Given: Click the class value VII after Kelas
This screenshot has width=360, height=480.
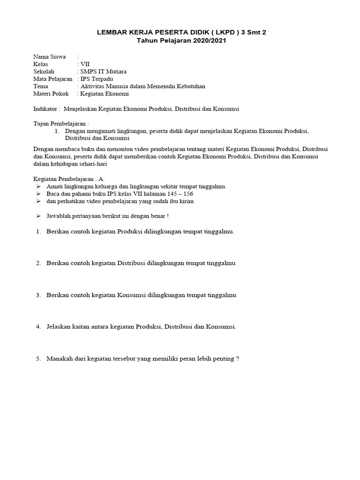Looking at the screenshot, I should click(x=85, y=64).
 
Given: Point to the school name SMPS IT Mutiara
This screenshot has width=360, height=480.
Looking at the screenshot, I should click(x=104, y=71).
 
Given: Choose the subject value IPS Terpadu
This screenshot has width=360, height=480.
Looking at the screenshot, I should click(x=98, y=79).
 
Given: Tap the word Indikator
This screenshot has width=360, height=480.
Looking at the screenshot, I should click(x=46, y=109).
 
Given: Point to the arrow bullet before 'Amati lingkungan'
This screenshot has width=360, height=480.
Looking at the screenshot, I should click(x=38, y=186).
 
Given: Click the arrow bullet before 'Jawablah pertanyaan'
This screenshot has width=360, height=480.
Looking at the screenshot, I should click(x=38, y=216).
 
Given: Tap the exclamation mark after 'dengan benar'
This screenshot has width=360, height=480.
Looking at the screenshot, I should click(x=168, y=216).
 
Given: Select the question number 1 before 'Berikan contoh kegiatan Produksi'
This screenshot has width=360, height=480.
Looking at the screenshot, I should click(x=38, y=232).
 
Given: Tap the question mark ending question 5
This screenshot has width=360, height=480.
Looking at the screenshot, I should click(x=238, y=359).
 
